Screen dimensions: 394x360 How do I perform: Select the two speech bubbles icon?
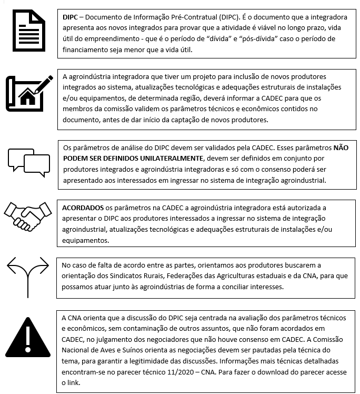(x=28, y=160)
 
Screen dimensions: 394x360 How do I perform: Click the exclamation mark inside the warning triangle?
(x=28, y=337)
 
